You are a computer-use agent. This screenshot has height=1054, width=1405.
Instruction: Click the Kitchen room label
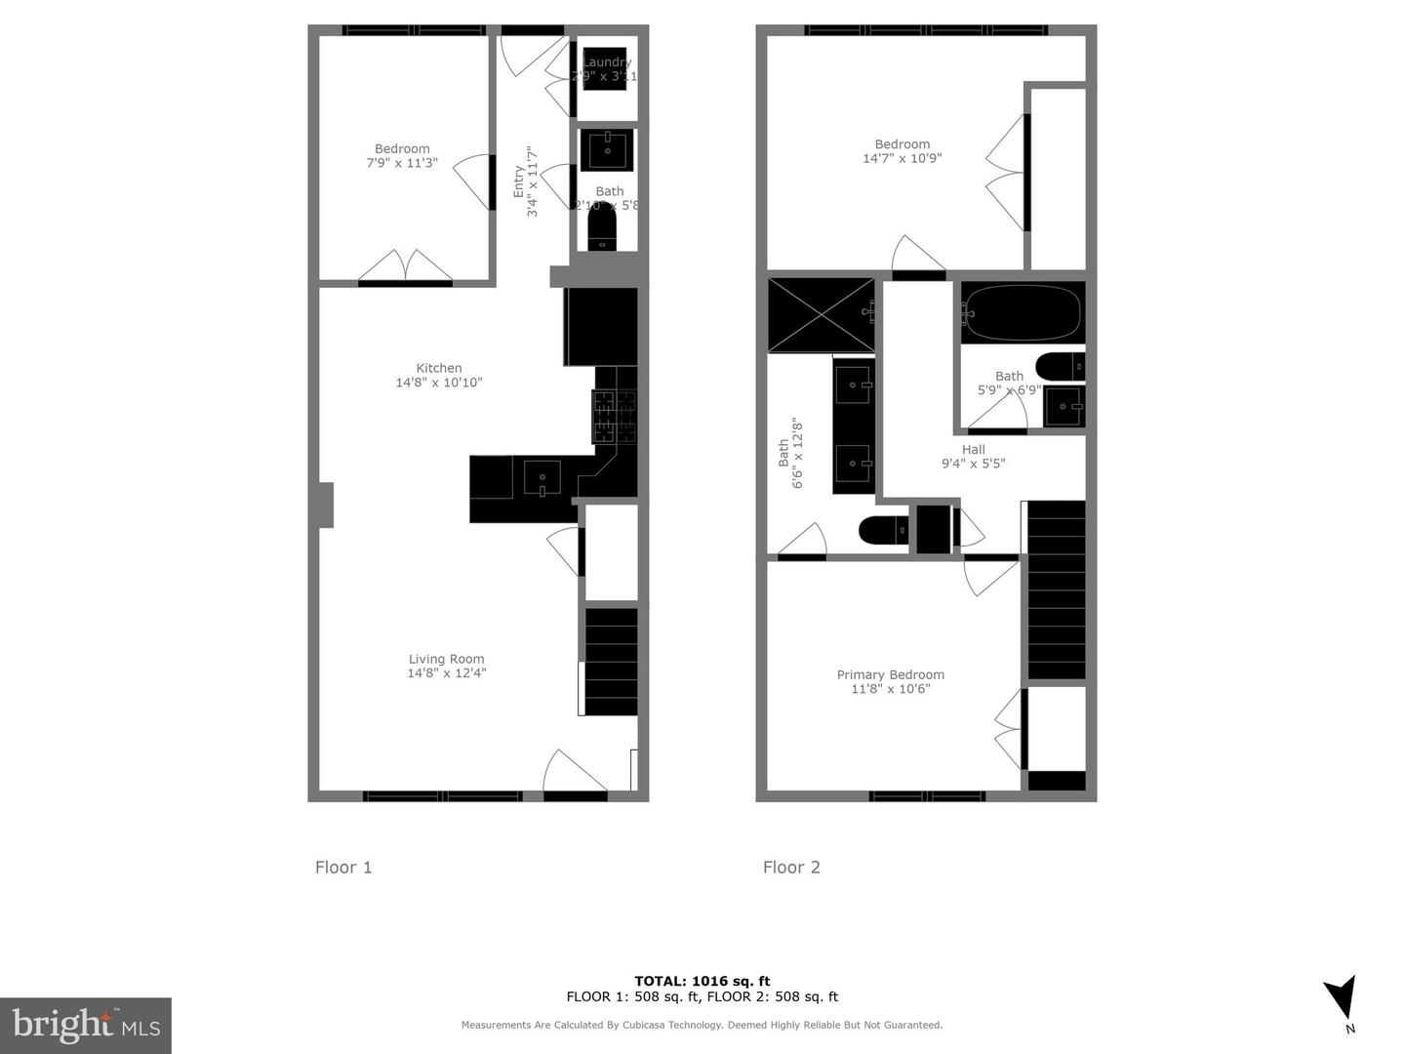click(439, 368)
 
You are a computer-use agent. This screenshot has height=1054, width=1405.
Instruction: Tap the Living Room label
click(446, 659)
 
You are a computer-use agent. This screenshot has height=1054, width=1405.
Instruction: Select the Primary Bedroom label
click(890, 674)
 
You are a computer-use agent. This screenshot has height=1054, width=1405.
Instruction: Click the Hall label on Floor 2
click(973, 450)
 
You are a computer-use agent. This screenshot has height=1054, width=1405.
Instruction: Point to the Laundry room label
click(606, 62)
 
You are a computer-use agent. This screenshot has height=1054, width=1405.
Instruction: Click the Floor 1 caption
click(343, 867)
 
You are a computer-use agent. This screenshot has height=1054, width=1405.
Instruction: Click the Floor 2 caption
click(791, 867)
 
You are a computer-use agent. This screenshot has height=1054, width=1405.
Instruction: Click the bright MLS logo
click(86, 1025)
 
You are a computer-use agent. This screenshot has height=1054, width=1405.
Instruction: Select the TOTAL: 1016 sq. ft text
click(702, 981)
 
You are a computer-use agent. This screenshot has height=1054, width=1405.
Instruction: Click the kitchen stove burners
click(614, 416)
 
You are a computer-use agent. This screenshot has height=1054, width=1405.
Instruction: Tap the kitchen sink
click(542, 477)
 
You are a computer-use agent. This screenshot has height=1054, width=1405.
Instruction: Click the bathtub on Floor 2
click(1022, 311)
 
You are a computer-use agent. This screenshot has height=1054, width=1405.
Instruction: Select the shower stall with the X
click(821, 314)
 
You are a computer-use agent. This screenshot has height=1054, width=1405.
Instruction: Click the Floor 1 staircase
click(611, 662)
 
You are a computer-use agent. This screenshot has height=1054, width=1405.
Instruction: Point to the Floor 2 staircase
click(1057, 589)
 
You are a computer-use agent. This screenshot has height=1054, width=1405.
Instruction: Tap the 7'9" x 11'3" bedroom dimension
click(402, 163)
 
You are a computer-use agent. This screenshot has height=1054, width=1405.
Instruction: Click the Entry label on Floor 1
click(518, 182)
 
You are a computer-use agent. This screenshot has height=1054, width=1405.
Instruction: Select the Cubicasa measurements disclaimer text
click(702, 1025)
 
